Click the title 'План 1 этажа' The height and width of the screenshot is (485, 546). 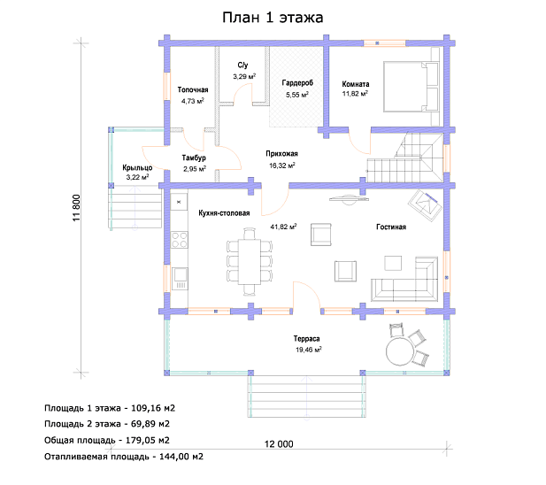tap(273, 18)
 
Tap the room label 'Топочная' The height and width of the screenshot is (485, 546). tap(193, 89)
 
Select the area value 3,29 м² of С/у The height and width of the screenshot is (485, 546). tap(244, 76)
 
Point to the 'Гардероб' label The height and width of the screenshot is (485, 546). tap(297, 83)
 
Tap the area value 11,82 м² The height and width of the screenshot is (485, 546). tap(355, 94)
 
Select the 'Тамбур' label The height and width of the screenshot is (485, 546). tap(194, 158)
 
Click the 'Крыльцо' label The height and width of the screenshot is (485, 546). tap(137, 168)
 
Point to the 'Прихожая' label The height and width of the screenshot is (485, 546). tap(281, 153)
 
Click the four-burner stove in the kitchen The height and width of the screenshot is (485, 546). tap(180, 240)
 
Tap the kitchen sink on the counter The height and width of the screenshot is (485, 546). tap(180, 279)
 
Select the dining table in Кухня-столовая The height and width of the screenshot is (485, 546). tap(250, 261)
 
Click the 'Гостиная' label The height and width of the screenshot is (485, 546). tap(391, 227)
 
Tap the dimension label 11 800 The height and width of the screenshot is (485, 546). tap(77, 208)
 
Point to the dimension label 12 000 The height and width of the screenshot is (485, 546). tap(279, 444)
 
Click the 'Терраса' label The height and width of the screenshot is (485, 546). tap(306, 339)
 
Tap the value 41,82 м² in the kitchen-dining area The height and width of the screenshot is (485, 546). tap(283, 227)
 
